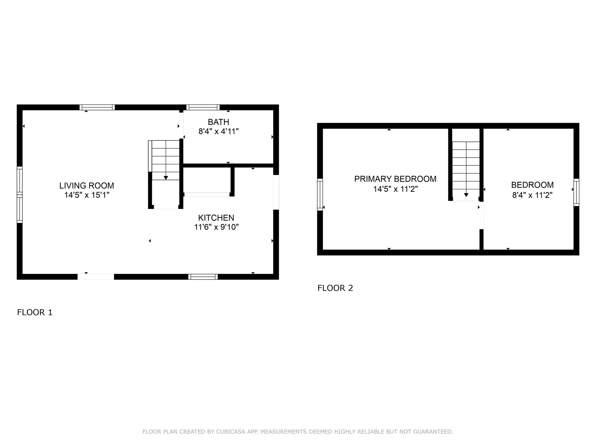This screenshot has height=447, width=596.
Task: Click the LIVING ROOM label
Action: tap(87, 186)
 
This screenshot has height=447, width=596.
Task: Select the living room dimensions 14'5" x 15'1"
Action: tap(87, 195)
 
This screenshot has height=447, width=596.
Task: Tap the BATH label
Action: tap(219, 122)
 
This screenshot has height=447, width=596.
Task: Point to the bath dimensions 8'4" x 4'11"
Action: tap(219, 131)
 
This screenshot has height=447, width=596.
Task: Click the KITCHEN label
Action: tap(216, 218)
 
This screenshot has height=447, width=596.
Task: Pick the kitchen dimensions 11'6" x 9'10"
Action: tap(216, 227)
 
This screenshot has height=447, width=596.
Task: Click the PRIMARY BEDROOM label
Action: tap(395, 179)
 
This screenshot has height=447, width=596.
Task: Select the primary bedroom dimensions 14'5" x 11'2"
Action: tap(395, 189)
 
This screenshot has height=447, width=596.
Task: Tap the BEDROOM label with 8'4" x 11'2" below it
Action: tap(532, 185)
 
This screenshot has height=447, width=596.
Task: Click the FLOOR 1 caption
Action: tap(35, 312)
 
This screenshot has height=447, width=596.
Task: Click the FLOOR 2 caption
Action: tap(335, 288)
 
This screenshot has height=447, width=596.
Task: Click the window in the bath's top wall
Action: tap(203, 107)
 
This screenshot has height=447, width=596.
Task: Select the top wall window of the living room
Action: tap(97, 107)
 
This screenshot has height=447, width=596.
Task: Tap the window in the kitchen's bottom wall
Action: tap(203, 277)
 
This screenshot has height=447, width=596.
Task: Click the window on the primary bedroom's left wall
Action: tap(320, 195)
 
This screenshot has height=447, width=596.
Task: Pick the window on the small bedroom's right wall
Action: tap(576, 192)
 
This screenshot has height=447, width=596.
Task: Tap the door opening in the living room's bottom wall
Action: tap(96, 277)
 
